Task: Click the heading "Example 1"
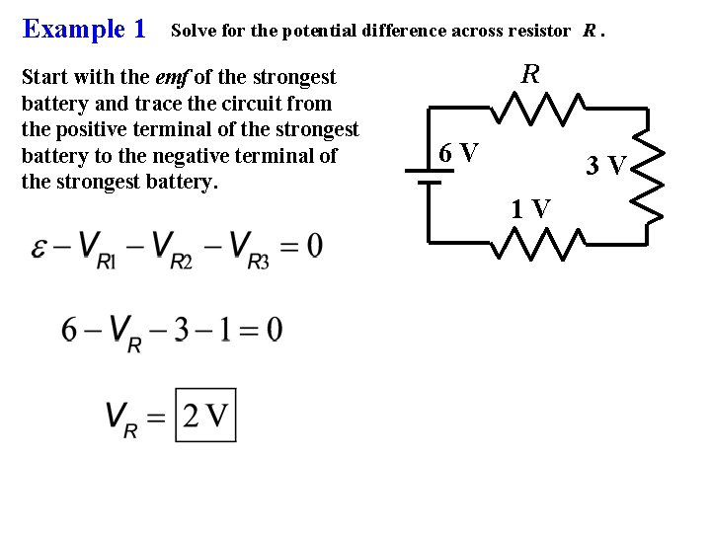click(84, 29)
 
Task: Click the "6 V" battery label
click(459, 153)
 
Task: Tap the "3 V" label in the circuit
click(605, 166)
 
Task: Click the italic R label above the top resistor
click(530, 74)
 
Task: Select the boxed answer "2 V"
click(205, 416)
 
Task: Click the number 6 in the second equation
click(70, 329)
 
